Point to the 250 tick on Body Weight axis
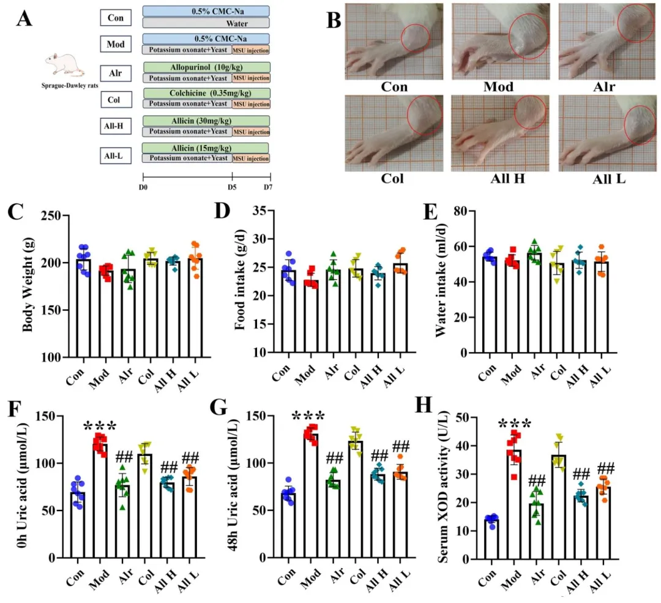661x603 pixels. click(54, 215)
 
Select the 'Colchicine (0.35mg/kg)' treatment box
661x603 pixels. click(205, 94)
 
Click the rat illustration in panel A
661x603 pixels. click(64, 64)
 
